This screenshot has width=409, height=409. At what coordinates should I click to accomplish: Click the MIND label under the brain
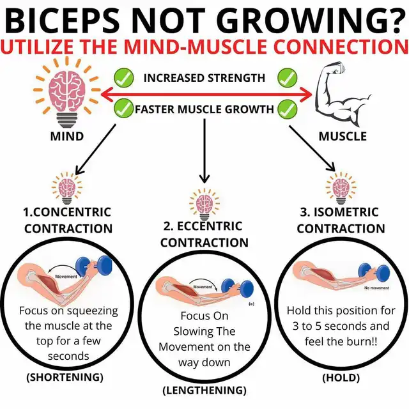(66, 136)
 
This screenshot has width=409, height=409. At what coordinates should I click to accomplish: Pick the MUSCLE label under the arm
(343, 136)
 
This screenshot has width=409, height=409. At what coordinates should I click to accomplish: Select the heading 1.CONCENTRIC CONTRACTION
(68, 220)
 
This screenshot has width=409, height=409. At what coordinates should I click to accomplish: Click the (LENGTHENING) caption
(204, 390)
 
